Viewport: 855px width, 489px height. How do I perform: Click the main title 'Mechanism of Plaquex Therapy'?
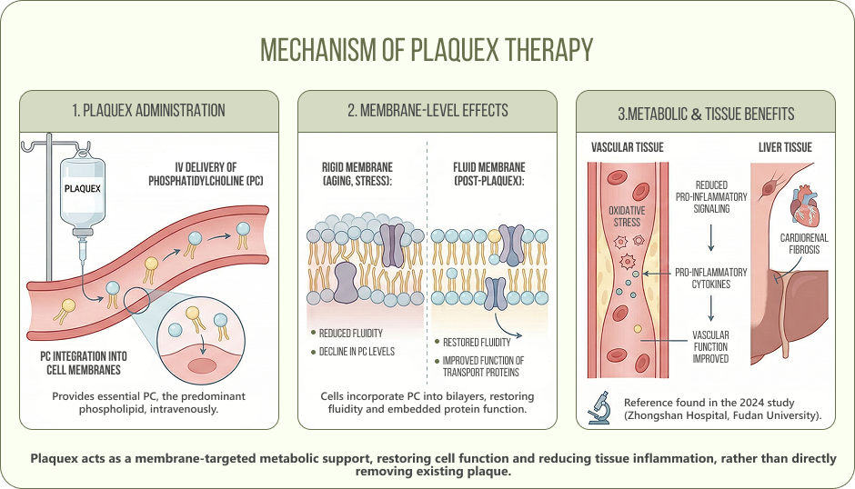coord(427,51)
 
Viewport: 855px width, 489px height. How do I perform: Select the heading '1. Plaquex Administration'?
coord(148,111)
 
